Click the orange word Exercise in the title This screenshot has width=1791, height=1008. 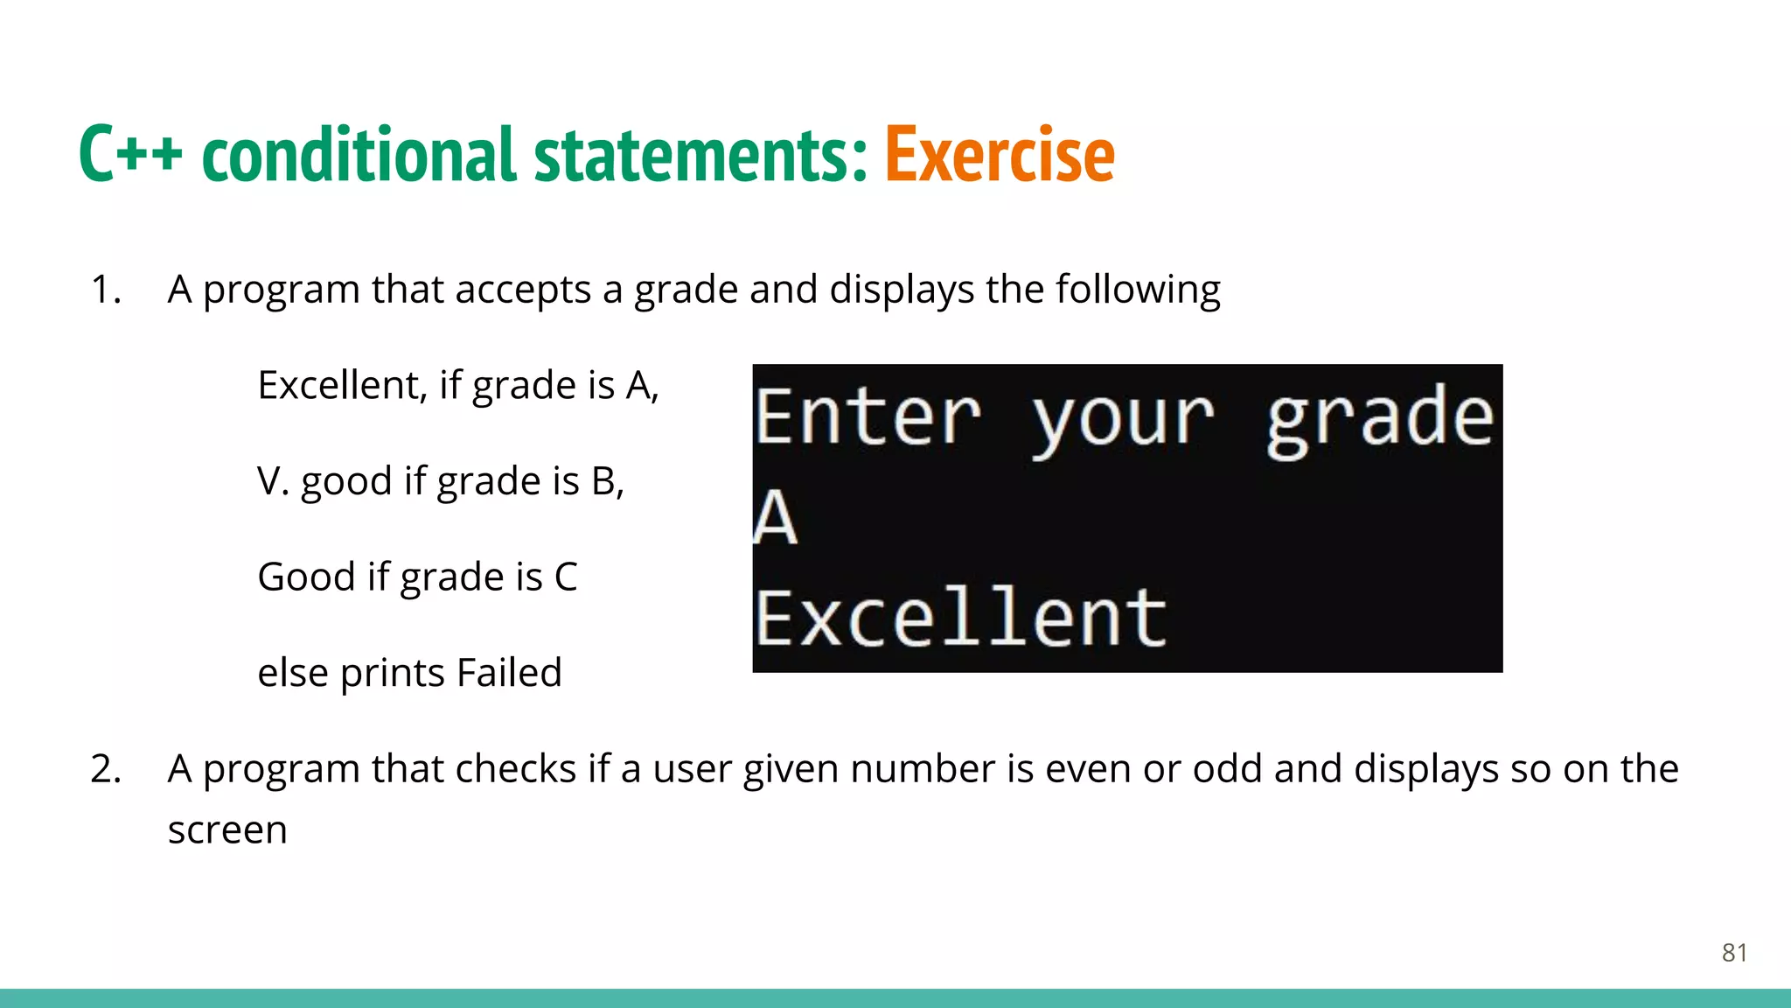tap(1000, 155)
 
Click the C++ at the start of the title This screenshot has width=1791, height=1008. tap(130, 155)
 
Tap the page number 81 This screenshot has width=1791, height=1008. tap(1734, 953)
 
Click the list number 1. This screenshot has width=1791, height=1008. tap(105, 290)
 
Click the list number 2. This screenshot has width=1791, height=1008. tap(105, 769)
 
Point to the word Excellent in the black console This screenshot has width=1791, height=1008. tap(960, 618)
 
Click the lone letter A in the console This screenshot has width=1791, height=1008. tap(776, 518)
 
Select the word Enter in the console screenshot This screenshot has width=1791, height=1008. tap(868, 417)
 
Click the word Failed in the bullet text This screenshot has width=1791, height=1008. tap(509, 673)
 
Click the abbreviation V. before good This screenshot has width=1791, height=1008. tap(273, 481)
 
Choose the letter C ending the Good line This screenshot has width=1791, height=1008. tap(566, 577)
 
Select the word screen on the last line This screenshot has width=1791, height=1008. tap(227, 830)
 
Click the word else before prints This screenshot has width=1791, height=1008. tap(293, 673)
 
